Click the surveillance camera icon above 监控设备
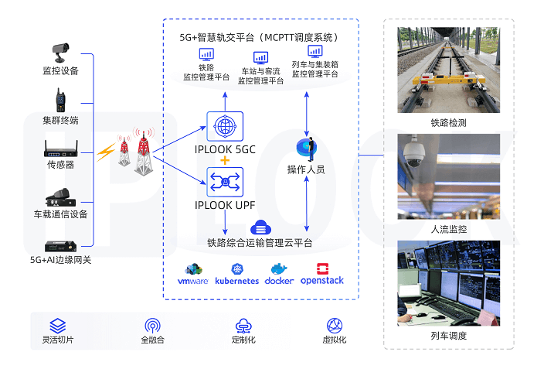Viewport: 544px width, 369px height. (x=60, y=52)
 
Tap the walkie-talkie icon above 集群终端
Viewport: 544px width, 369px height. (x=60, y=101)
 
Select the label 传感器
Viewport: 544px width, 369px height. (x=60, y=165)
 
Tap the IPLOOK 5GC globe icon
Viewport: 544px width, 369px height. (x=225, y=126)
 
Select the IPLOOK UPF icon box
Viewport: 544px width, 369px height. (x=225, y=182)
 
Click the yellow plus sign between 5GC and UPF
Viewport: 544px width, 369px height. (x=225, y=160)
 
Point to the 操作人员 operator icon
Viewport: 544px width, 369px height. (x=307, y=148)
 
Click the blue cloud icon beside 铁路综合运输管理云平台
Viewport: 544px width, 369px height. (x=260, y=227)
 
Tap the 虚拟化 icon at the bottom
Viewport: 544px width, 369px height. (x=334, y=326)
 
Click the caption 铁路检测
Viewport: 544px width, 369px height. (x=448, y=123)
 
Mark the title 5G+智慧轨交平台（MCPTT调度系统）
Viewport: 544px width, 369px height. (x=259, y=37)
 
